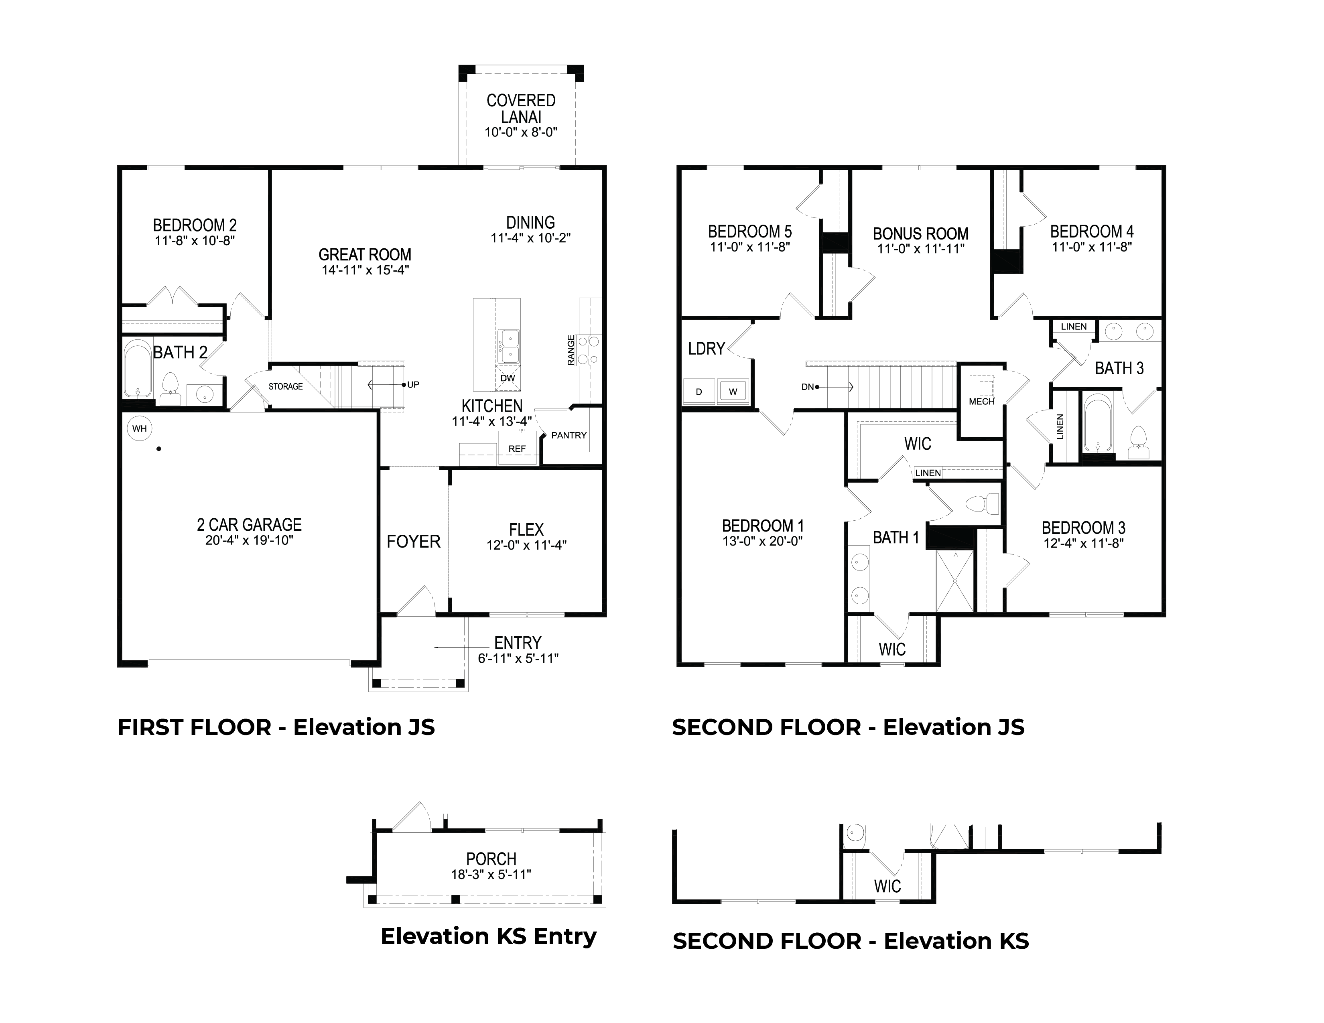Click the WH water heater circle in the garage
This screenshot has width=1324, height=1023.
(140, 428)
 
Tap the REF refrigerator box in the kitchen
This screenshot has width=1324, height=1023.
(517, 449)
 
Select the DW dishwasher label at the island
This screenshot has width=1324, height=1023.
(508, 378)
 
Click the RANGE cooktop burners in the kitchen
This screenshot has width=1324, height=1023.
(588, 350)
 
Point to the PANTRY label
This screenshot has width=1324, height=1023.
(569, 435)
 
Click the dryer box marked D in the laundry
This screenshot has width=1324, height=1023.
(699, 392)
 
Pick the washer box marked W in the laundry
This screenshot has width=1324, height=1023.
(733, 392)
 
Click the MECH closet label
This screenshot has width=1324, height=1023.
(981, 401)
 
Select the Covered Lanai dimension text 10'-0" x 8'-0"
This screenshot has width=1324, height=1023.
(521, 132)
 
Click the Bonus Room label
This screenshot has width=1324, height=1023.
(920, 233)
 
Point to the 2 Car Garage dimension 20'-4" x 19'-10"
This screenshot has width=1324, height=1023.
(249, 540)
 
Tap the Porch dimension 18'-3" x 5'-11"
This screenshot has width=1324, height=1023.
(491, 875)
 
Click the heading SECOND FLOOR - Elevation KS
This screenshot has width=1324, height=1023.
(851, 941)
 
